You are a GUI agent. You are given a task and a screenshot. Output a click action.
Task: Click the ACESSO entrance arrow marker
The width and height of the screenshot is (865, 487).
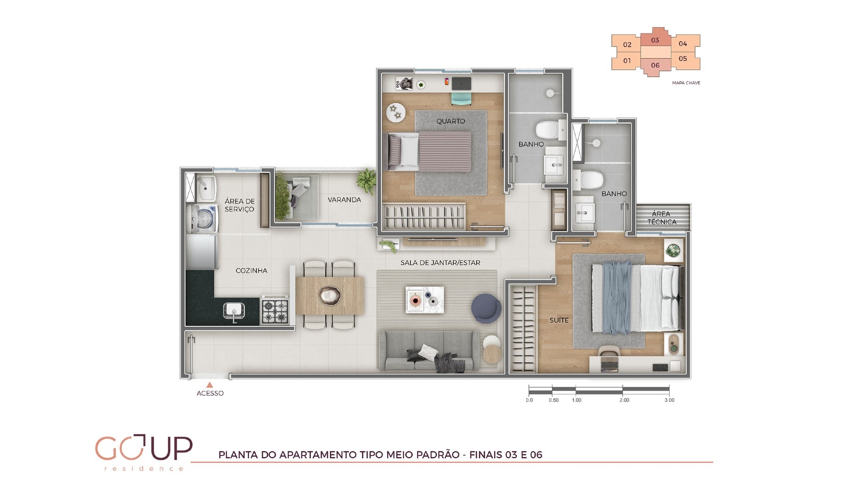click(x=209, y=385)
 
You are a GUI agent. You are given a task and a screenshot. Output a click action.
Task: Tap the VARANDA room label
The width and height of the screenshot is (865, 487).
click(x=344, y=200)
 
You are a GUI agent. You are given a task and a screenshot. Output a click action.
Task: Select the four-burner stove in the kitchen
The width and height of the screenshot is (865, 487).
click(x=275, y=311)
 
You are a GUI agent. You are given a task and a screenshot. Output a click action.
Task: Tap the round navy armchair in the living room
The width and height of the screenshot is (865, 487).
click(x=486, y=309)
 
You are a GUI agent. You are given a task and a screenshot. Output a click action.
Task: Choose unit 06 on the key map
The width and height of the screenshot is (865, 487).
click(x=655, y=66)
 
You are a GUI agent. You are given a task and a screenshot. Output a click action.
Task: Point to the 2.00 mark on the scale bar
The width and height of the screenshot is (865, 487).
click(x=624, y=400)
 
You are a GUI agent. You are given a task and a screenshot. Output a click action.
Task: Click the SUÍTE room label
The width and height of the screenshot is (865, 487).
click(x=559, y=320)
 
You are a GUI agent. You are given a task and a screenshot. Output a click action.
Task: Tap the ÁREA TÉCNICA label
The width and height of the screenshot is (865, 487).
click(x=661, y=218)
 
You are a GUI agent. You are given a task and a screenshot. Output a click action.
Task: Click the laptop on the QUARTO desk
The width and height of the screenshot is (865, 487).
click(x=461, y=83)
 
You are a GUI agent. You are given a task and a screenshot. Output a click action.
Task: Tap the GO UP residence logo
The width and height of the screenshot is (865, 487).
click(x=144, y=452)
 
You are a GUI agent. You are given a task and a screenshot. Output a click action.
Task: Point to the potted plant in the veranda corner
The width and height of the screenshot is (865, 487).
click(x=366, y=181)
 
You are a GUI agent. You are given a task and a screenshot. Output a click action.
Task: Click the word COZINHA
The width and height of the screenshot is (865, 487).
click(x=251, y=271)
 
